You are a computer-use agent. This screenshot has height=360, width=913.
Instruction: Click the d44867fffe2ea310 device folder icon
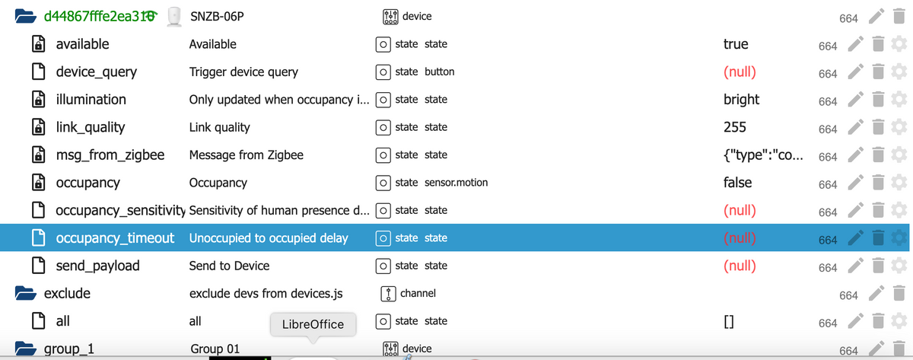[25, 16]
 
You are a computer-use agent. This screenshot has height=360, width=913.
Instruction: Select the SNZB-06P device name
[217, 16]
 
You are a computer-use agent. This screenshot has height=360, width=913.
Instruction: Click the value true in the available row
[736, 44]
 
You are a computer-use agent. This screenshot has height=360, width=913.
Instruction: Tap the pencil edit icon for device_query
[856, 72]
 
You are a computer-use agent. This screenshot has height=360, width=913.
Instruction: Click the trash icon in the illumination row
[878, 100]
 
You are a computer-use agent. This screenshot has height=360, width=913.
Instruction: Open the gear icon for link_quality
[899, 127]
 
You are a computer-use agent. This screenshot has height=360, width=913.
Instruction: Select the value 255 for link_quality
[734, 127]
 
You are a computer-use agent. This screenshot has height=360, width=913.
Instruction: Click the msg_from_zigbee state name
[110, 155]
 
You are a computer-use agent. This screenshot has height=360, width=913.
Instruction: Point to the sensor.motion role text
[456, 182]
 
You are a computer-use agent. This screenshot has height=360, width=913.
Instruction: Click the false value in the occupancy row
[737, 182]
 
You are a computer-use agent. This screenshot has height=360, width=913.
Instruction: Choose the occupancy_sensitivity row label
[121, 210]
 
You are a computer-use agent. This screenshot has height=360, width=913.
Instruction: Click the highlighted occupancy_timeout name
[115, 238]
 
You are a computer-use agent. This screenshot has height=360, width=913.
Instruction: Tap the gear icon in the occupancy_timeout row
[899, 237]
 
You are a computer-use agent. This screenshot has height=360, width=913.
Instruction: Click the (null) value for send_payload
[740, 266]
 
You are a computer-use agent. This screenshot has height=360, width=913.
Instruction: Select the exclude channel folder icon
[25, 293]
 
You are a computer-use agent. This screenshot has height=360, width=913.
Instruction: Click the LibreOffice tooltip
[313, 324]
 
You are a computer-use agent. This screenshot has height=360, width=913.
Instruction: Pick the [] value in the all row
[729, 322]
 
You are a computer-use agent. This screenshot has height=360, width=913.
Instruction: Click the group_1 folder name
[69, 349]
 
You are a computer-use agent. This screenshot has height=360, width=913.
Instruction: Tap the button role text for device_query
[440, 72]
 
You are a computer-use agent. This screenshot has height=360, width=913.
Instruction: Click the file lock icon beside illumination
[38, 100]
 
